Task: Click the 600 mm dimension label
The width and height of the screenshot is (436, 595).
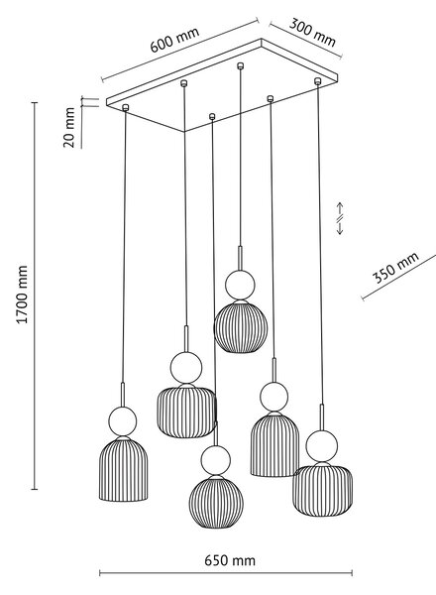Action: point(174,40)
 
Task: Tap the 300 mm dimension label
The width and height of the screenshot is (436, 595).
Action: point(312,33)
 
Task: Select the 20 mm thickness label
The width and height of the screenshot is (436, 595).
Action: point(69,127)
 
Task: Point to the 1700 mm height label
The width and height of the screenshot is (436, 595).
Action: point(23,295)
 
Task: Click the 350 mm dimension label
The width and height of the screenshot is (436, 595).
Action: point(395,267)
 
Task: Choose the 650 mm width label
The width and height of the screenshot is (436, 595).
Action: point(230,560)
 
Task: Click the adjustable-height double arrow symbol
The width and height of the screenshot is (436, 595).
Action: point(340,218)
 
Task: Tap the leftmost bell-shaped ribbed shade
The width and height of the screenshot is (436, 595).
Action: point(123,469)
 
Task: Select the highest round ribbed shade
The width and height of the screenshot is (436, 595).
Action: point(241,326)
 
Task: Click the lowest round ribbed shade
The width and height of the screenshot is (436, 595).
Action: point(216,502)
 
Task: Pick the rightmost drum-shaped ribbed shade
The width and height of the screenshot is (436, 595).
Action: point(323,489)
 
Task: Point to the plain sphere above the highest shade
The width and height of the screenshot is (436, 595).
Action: point(240,285)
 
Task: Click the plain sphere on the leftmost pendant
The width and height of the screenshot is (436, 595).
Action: point(123,421)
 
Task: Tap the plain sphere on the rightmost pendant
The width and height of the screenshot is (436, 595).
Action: point(322,446)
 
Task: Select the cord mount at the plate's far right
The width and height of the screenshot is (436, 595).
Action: point(318,81)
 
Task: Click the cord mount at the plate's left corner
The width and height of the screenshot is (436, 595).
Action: point(126,108)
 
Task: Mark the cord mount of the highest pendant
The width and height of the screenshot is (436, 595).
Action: point(240,66)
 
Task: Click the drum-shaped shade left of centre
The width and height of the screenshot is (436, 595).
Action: point(186,411)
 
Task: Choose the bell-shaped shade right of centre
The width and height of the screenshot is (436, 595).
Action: point(274,444)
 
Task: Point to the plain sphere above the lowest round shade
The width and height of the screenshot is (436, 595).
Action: point(216,460)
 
